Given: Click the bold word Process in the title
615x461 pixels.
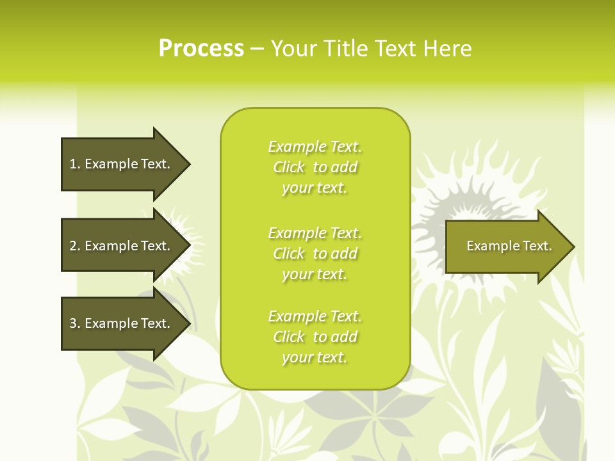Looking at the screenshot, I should (x=201, y=49).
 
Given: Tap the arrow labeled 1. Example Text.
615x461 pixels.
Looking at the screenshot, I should (x=122, y=164).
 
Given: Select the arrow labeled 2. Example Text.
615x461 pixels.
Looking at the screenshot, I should (x=122, y=246).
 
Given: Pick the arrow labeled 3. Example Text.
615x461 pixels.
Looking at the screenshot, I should (x=122, y=323).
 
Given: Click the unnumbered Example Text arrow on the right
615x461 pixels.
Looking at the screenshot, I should (x=506, y=247).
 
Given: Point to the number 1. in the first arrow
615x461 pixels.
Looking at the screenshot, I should (x=75, y=164).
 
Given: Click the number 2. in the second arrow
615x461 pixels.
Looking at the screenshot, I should (x=75, y=246).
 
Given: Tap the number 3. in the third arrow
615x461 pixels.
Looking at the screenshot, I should (x=75, y=323).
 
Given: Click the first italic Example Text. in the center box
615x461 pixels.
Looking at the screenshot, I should (x=315, y=147).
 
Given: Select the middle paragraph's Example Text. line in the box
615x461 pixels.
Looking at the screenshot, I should (x=315, y=232).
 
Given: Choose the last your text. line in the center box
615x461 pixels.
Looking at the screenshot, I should (x=315, y=357).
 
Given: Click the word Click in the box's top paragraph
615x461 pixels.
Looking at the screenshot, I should (x=289, y=167).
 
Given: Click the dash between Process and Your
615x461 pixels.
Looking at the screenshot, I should (x=257, y=49).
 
